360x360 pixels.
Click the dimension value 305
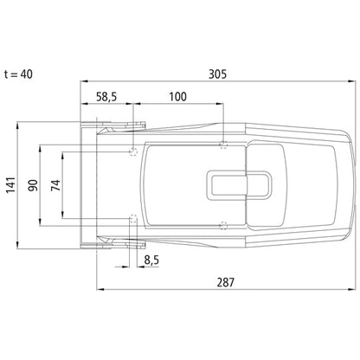[x=217, y=74]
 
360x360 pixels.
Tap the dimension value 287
[x=226, y=282]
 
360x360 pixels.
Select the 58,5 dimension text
[x=106, y=97]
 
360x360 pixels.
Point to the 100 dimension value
[x=177, y=97]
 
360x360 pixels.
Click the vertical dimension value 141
[x=10, y=185]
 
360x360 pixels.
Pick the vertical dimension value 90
[x=33, y=185]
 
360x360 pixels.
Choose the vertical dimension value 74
[x=55, y=185]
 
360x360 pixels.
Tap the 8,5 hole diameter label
[x=151, y=260]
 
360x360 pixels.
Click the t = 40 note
[x=18, y=74]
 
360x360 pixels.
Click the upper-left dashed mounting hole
[x=133, y=151]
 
